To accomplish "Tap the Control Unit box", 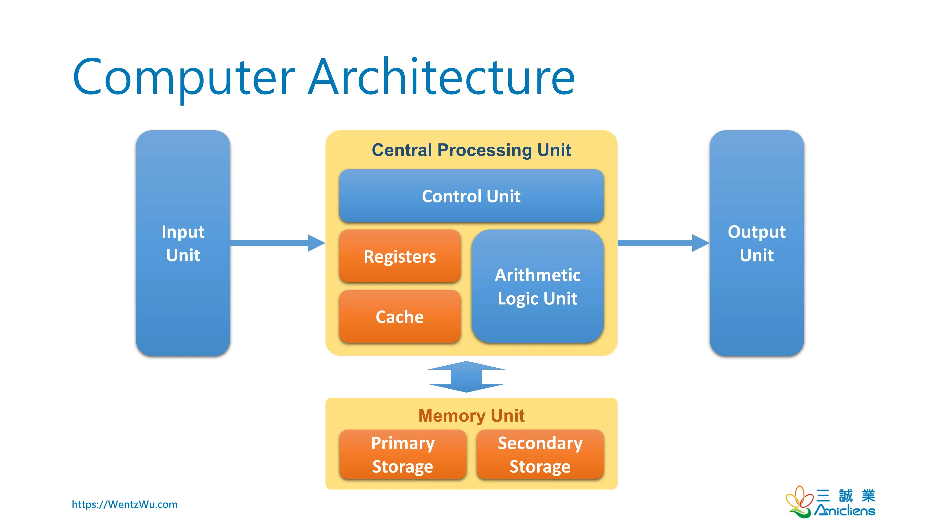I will [471, 196].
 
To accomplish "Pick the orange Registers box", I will [399, 256].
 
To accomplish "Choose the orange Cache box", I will [399, 316].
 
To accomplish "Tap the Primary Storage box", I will [403, 454].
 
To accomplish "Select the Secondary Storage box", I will [540, 454].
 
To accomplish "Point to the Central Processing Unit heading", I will [471, 150].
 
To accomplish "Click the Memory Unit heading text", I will [471, 415].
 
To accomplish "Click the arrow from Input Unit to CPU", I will [277, 243].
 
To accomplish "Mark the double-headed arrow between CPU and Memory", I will [466, 377].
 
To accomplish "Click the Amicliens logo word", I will [845, 510].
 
